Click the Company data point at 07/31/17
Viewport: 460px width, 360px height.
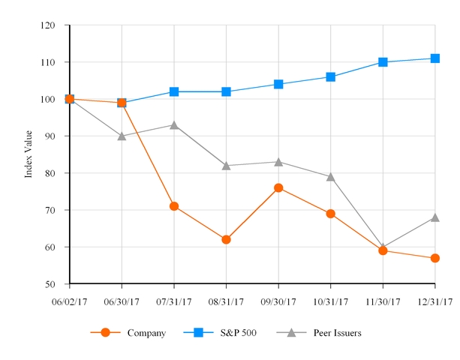tap(174, 206)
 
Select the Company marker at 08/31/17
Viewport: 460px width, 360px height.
tap(226, 239)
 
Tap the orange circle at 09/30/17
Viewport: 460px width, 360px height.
tap(278, 187)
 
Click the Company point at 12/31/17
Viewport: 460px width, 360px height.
tap(435, 258)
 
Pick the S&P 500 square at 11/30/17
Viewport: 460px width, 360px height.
tap(383, 62)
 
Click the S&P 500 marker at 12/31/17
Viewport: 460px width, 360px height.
tap(435, 58)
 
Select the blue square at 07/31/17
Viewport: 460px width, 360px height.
tap(174, 91)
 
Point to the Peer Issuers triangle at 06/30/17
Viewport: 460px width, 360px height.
tap(122, 136)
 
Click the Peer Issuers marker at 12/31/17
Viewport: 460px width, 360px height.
tap(435, 217)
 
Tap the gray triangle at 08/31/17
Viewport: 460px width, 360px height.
tap(226, 165)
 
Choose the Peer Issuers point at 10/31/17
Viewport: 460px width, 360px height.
tap(331, 176)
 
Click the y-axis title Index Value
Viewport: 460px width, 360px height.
tap(29, 154)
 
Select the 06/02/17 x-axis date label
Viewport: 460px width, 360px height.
tap(69, 301)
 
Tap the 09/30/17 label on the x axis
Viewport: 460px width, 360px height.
tap(278, 301)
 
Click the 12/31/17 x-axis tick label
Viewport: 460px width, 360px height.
tap(435, 301)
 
